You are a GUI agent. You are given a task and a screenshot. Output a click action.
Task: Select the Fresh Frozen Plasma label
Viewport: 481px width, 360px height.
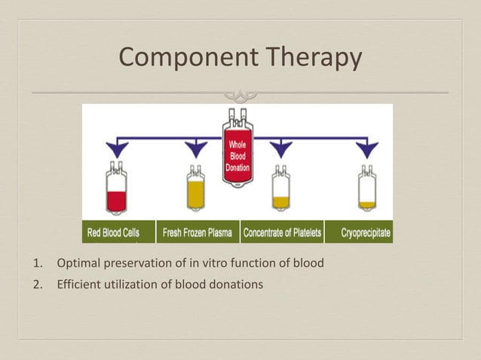pyautogui.click(x=198, y=233)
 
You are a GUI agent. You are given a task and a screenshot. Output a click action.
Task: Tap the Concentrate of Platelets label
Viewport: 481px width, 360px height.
pyautogui.click(x=282, y=233)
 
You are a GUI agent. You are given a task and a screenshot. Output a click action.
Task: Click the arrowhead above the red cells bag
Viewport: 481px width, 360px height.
pyautogui.click(x=116, y=149)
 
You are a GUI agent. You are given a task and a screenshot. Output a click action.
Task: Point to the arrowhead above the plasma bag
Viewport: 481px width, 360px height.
pyautogui.click(x=197, y=149)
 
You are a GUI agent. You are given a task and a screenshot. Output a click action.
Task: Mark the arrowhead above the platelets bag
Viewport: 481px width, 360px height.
pyautogui.click(x=280, y=149)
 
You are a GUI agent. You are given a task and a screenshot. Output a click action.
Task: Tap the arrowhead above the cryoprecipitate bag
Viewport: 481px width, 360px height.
pyautogui.click(x=366, y=149)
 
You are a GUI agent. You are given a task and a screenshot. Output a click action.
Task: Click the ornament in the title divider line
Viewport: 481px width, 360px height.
pyautogui.click(x=240, y=94)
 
